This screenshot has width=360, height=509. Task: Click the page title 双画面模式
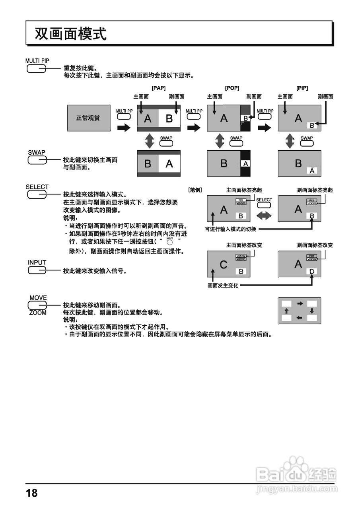pyautogui.click(x=70, y=34)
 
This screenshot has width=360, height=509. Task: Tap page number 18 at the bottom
pyautogui.click(x=32, y=493)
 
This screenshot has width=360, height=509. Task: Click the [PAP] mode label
pyautogui.click(x=158, y=88)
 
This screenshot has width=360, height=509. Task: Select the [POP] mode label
pyautogui.click(x=232, y=88)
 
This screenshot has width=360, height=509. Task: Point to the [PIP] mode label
pyautogui.click(x=302, y=88)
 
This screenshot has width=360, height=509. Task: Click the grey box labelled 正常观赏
pyautogui.click(x=88, y=118)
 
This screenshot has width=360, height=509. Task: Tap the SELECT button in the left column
pyautogui.click(x=37, y=194)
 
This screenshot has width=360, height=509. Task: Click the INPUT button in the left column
pyautogui.click(x=37, y=270)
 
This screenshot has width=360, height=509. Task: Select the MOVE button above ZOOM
pyautogui.click(x=37, y=305)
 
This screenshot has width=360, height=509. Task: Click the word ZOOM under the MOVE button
pyautogui.click(x=38, y=313)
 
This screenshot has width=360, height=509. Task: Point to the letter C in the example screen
pyautogui.click(x=224, y=264)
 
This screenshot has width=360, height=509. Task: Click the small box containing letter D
pyautogui.click(x=312, y=272)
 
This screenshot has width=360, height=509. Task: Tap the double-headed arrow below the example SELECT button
pyautogui.click(x=264, y=216)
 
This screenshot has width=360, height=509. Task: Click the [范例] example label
pyautogui.click(x=195, y=190)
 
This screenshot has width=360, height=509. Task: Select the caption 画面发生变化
pyautogui.click(x=223, y=286)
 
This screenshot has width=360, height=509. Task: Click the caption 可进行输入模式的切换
pyautogui.click(x=231, y=229)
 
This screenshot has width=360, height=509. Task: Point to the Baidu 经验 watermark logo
pyautogui.click(x=296, y=473)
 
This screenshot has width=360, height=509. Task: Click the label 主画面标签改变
pyautogui.click(x=244, y=245)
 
